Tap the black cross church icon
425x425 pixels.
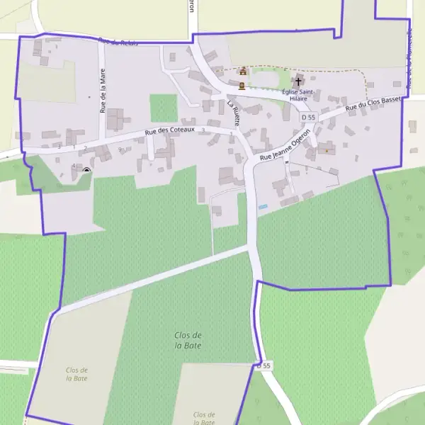(x=299, y=81)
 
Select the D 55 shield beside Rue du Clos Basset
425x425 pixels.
(x=307, y=117)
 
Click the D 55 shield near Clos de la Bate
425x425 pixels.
(x=263, y=365)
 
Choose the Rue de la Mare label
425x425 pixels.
(x=103, y=94)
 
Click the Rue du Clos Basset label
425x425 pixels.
(x=373, y=105)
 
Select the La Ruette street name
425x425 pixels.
(x=234, y=113)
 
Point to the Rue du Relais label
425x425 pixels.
(x=118, y=42)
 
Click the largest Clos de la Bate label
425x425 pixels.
(x=188, y=340)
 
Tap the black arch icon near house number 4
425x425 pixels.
(x=86, y=170)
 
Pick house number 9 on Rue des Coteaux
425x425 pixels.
(x=120, y=149)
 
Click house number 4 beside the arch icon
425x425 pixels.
(x=74, y=166)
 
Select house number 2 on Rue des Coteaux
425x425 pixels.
(x=85, y=147)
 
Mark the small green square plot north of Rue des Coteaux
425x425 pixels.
(x=164, y=108)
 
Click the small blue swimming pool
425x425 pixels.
(x=263, y=206)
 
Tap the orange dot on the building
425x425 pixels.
(x=326, y=150)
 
